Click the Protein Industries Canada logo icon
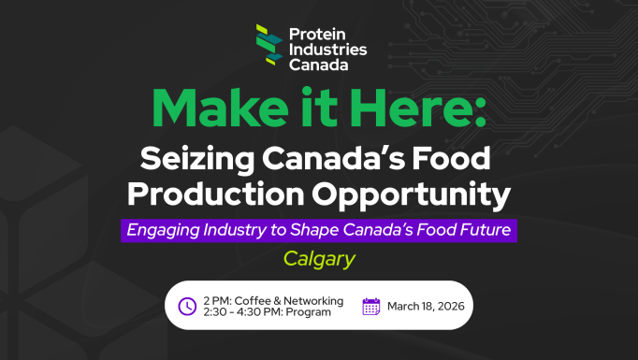pyautogui.click(x=269, y=45)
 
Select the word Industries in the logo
pyautogui.click(x=327, y=49)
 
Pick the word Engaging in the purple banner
pyautogui.click(x=166, y=229)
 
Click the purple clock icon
pyautogui.click(x=187, y=306)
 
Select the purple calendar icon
pyautogui.click(x=371, y=306)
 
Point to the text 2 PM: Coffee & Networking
pyautogui.click(x=273, y=300)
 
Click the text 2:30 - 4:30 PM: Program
pyautogui.click(x=267, y=312)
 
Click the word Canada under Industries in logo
pyautogui.click(x=319, y=65)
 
